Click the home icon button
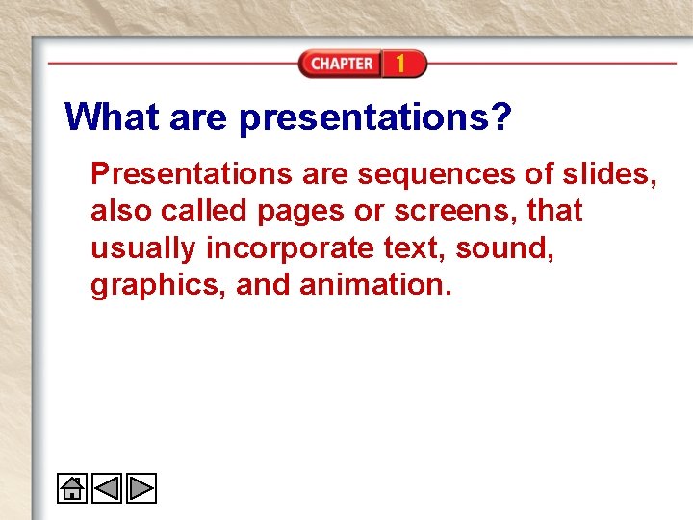[x=72, y=489]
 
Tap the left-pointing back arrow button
[x=107, y=489]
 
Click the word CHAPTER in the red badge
[x=341, y=64]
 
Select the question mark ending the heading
[x=500, y=118]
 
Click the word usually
[x=144, y=249]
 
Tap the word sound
[x=502, y=248]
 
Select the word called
[x=205, y=211]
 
